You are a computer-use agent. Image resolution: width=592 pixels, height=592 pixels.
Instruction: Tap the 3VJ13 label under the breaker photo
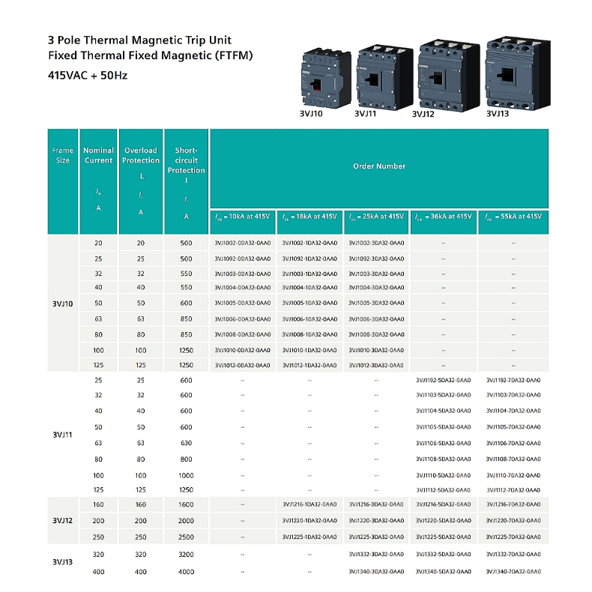(x=498, y=115)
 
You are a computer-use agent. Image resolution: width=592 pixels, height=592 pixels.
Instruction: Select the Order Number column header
(x=379, y=166)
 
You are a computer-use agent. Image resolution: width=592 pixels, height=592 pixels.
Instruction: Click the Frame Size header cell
(x=63, y=155)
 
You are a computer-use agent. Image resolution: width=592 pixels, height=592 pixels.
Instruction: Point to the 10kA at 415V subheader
(x=243, y=217)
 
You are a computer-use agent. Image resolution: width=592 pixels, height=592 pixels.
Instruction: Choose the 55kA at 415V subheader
(x=513, y=217)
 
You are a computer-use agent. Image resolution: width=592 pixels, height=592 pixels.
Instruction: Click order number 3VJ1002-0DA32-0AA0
(x=242, y=243)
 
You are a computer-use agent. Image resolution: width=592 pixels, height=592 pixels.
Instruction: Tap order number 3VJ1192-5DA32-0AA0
(x=444, y=380)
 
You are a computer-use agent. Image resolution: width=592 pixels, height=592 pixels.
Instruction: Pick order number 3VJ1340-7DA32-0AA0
(x=513, y=573)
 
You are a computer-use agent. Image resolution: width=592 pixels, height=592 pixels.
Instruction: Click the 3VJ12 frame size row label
(x=63, y=520)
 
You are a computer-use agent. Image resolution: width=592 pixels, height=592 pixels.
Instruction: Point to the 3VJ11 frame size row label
(x=63, y=435)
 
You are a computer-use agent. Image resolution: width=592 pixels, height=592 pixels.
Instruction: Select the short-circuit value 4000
(x=187, y=573)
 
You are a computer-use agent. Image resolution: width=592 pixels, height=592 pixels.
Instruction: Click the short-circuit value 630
(x=187, y=443)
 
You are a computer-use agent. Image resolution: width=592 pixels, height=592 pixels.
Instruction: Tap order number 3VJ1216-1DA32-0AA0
(x=309, y=504)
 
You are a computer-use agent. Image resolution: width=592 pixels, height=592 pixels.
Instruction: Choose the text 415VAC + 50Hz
(x=82, y=75)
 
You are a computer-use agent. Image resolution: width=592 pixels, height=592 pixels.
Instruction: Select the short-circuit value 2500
(x=187, y=537)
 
